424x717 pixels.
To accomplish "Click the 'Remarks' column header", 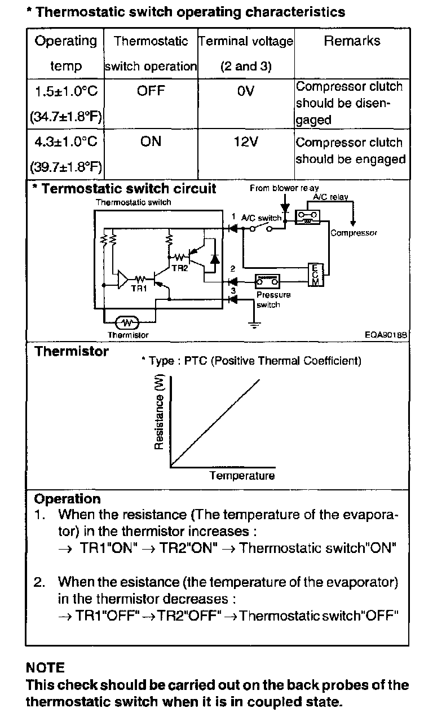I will [351, 41].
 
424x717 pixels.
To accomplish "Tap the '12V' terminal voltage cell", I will [245, 142].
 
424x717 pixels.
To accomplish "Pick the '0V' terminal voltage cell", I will [246, 90].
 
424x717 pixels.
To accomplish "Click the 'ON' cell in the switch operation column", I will [151, 142].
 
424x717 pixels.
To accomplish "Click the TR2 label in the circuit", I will [179, 268].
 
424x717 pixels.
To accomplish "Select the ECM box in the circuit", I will [315, 275].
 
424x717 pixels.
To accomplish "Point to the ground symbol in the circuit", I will [254, 323].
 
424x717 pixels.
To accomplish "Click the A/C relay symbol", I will [308, 216].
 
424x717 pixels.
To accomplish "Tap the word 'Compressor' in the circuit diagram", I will [354, 232].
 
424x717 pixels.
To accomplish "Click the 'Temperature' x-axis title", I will [242, 476].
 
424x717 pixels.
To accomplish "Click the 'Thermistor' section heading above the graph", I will [72, 352].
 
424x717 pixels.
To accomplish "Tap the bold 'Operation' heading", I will [68, 499].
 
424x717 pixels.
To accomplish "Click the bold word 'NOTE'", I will [45, 668].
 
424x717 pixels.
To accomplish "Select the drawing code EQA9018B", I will [386, 334].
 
